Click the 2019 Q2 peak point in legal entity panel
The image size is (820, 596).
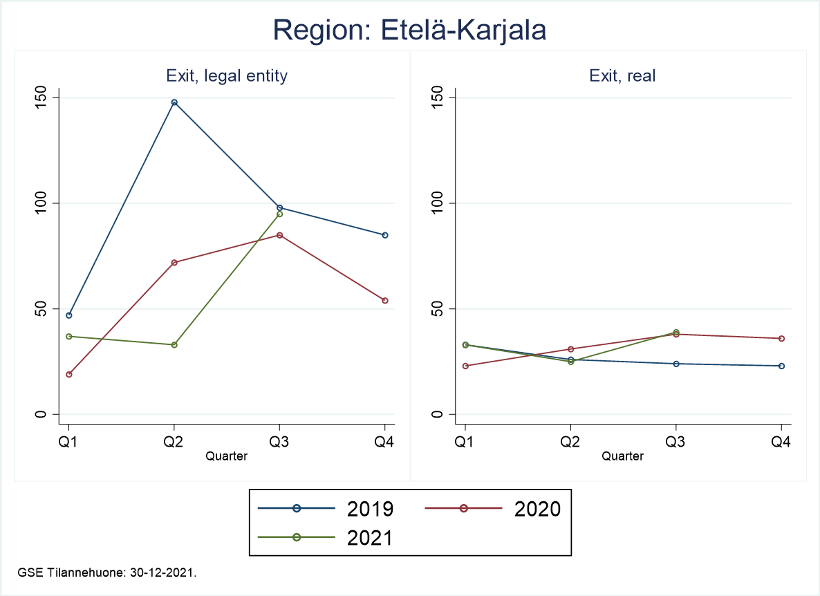click(x=174, y=102)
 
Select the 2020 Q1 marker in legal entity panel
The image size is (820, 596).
click(x=68, y=374)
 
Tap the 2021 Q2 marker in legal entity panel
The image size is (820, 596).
click(x=174, y=344)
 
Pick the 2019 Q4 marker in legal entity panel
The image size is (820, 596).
click(x=385, y=235)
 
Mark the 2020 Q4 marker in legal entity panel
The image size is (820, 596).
click(x=385, y=300)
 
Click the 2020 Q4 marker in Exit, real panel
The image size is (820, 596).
click(x=781, y=338)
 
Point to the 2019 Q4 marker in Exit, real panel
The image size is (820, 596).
click(x=781, y=366)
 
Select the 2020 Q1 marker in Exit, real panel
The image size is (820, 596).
click(x=465, y=366)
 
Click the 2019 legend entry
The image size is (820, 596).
click(x=326, y=509)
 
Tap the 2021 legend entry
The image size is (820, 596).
click(x=326, y=537)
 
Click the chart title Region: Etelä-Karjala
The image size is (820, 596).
click(x=410, y=30)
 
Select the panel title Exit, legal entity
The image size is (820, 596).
click(x=227, y=76)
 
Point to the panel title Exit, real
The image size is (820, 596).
click(x=622, y=76)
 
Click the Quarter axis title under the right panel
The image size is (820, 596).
click(x=622, y=456)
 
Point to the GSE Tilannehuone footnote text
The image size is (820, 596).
click(x=109, y=572)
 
